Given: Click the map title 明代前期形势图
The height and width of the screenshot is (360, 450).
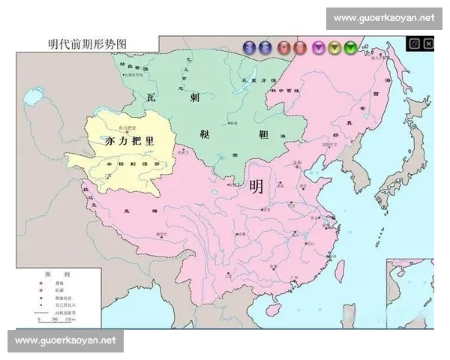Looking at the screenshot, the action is click(x=86, y=44).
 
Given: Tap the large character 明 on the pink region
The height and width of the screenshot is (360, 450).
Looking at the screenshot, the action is click(x=256, y=187).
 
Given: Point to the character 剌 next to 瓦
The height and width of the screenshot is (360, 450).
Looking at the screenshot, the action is click(x=193, y=97).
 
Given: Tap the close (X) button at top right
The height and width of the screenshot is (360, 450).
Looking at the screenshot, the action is click(x=428, y=43).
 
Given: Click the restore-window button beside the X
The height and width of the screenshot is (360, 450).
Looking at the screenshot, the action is click(x=414, y=43).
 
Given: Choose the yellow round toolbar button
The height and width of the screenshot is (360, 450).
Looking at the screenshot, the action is click(x=334, y=48).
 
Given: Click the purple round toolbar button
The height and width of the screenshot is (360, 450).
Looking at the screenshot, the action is click(x=318, y=48).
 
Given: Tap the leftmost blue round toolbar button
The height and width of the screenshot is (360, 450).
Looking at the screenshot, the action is click(x=249, y=48).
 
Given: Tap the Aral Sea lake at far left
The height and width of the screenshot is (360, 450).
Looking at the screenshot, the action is click(x=33, y=97).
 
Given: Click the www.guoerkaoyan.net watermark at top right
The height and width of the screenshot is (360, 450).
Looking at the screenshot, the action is click(x=384, y=17).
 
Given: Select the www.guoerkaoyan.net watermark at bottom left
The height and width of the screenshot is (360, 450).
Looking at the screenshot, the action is click(x=66, y=340).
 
